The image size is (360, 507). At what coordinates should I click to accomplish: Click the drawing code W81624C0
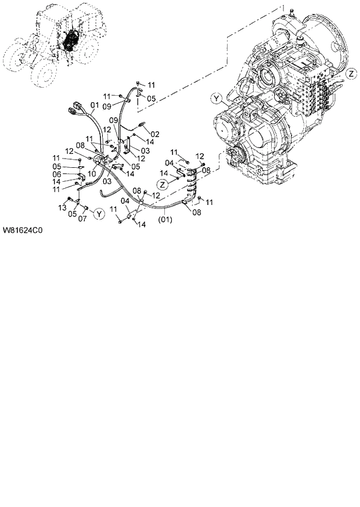click(23, 229)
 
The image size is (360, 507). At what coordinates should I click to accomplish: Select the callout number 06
click(57, 174)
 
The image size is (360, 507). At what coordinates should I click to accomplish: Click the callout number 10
click(92, 173)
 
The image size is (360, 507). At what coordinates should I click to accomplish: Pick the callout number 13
click(62, 207)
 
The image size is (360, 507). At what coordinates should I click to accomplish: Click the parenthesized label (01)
click(165, 220)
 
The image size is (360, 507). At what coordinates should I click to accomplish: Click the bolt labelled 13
click(69, 200)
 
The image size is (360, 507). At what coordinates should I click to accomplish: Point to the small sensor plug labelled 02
click(141, 125)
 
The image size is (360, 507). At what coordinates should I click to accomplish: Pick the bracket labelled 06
click(81, 175)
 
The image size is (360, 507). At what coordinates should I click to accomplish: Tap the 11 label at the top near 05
click(150, 85)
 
